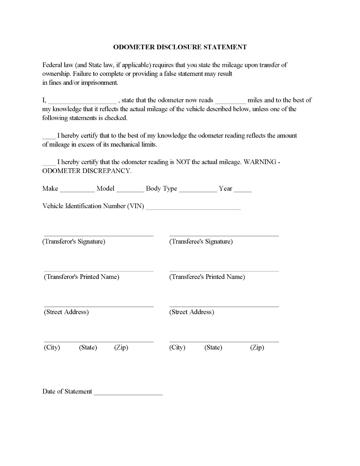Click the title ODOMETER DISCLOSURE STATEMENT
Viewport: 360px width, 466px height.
click(180, 47)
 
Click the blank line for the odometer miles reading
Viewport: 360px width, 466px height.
click(230, 102)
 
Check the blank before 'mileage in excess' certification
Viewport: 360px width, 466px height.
click(49, 137)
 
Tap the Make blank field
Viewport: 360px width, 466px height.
click(77, 190)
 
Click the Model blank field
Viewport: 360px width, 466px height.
click(130, 190)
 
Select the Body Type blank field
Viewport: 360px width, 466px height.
click(198, 190)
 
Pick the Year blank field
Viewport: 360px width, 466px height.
click(242, 190)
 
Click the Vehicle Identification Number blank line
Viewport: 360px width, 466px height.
click(193, 208)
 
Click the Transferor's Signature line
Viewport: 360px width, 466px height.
click(98, 235)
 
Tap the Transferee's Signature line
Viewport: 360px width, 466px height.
click(224, 235)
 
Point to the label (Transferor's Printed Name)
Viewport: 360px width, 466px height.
click(82, 277)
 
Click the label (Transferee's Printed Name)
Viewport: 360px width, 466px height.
click(207, 277)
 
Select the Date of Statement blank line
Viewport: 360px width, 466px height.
click(128, 394)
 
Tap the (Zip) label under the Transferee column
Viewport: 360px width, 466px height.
click(257, 348)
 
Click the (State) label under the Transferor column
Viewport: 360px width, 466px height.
click(88, 348)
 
